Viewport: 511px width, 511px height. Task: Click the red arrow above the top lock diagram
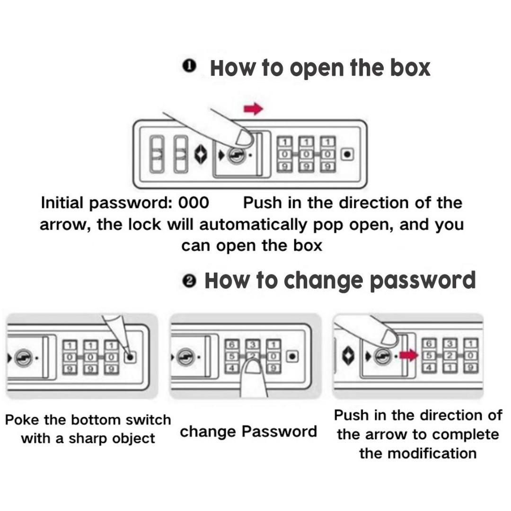pyautogui.click(x=253, y=110)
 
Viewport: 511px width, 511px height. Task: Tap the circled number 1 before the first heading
pyautogui.click(x=189, y=67)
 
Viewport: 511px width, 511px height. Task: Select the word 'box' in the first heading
pyautogui.click(x=410, y=68)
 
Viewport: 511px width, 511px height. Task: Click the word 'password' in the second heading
pyautogui.click(x=422, y=281)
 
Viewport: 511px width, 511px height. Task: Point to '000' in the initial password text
pyautogui.click(x=193, y=203)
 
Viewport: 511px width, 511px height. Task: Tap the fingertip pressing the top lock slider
pyautogui.click(x=244, y=138)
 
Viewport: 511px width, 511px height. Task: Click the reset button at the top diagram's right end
pyautogui.click(x=347, y=154)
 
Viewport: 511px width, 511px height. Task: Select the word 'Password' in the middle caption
pyautogui.click(x=279, y=432)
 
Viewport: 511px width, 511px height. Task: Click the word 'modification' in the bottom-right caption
pyautogui.click(x=418, y=453)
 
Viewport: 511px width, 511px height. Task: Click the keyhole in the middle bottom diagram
pyautogui.click(x=185, y=358)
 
